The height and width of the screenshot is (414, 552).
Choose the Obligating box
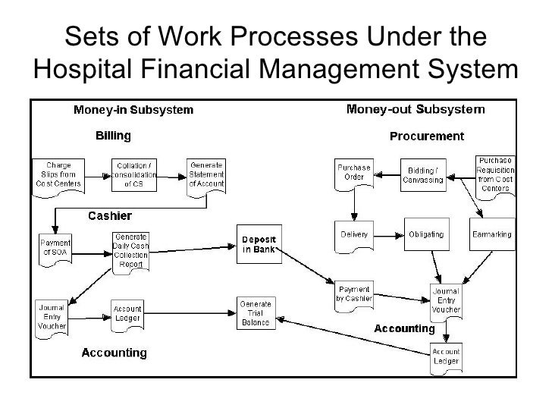pyautogui.click(x=427, y=234)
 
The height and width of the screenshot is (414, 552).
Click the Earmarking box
pyautogui.click(x=492, y=234)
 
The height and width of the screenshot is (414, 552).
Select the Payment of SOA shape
pyautogui.click(x=55, y=246)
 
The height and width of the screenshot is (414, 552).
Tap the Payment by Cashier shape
pyautogui.click(x=355, y=292)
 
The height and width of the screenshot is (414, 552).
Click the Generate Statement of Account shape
pyautogui.click(x=206, y=174)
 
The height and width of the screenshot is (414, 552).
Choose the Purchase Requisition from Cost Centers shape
pyautogui.click(x=495, y=175)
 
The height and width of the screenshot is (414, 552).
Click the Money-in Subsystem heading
pyautogui.click(x=133, y=110)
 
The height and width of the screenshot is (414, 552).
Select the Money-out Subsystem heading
pyautogui.click(x=416, y=109)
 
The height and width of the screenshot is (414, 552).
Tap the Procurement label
pyautogui.click(x=426, y=136)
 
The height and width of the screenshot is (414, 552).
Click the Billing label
pyautogui.click(x=113, y=136)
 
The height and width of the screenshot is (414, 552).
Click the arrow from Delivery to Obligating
pyautogui.click(x=387, y=234)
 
